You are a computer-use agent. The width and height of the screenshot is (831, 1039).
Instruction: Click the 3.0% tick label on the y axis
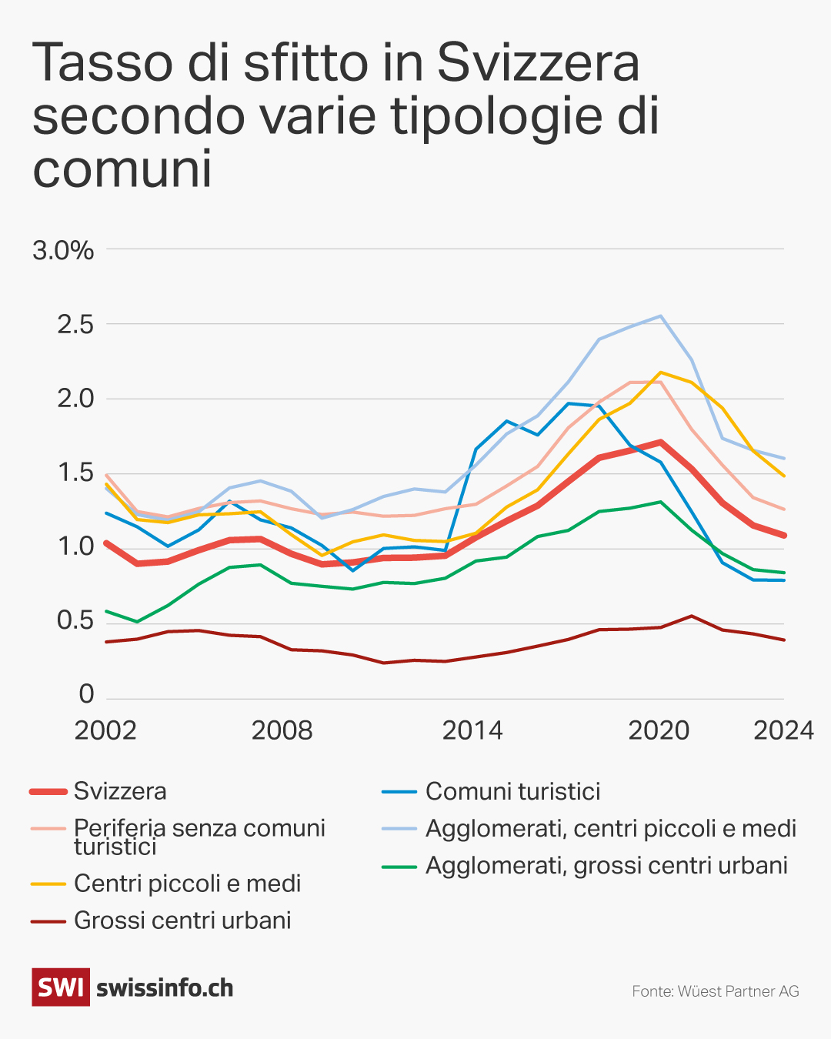tap(63, 250)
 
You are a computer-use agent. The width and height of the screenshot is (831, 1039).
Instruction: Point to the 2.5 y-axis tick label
tap(75, 324)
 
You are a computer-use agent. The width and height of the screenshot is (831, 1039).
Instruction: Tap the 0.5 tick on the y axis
tap(75, 620)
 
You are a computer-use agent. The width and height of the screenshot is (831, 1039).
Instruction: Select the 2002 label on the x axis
tap(105, 730)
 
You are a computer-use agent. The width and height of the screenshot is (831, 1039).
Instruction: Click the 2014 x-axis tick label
tap(472, 730)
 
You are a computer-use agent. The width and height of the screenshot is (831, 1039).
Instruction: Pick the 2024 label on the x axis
tap(783, 730)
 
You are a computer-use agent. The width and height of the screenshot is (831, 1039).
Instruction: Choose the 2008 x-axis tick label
tap(282, 730)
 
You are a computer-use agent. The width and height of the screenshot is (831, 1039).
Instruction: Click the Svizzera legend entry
tap(120, 791)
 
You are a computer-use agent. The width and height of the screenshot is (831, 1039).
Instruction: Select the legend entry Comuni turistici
tap(512, 791)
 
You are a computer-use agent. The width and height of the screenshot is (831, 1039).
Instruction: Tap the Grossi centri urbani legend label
tap(182, 920)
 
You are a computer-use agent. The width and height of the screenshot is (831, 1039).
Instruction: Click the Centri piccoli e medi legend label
tap(187, 884)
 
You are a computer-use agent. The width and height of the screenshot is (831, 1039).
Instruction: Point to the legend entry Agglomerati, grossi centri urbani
tap(606, 865)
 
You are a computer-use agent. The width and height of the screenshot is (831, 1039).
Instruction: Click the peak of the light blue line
tap(660, 316)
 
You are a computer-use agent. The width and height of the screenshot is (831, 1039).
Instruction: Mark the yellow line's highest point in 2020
tap(660, 373)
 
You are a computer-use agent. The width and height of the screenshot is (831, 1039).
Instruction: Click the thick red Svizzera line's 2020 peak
tap(660, 443)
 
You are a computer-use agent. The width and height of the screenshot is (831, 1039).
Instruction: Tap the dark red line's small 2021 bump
tap(691, 616)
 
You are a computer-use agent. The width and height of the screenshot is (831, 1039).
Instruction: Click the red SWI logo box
tap(61, 987)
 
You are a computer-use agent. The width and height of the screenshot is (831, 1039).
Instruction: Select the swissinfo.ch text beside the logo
tap(165, 988)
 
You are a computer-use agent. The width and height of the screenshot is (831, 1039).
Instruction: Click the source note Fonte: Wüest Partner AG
tap(716, 991)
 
